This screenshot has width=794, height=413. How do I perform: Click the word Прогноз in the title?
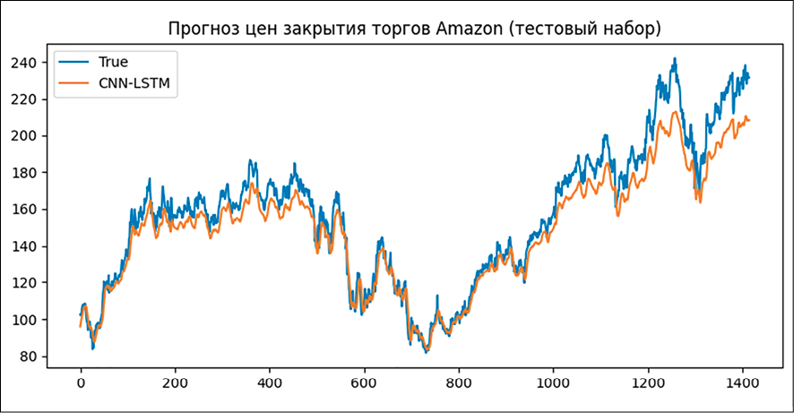203,30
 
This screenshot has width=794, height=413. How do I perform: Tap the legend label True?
113,62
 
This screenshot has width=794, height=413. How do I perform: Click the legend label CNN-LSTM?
134,84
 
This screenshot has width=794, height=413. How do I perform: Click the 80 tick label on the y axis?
33,357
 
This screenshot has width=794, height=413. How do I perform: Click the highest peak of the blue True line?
675,58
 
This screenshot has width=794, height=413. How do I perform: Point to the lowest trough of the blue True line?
427,352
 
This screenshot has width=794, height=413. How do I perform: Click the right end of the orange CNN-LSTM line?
749,120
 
